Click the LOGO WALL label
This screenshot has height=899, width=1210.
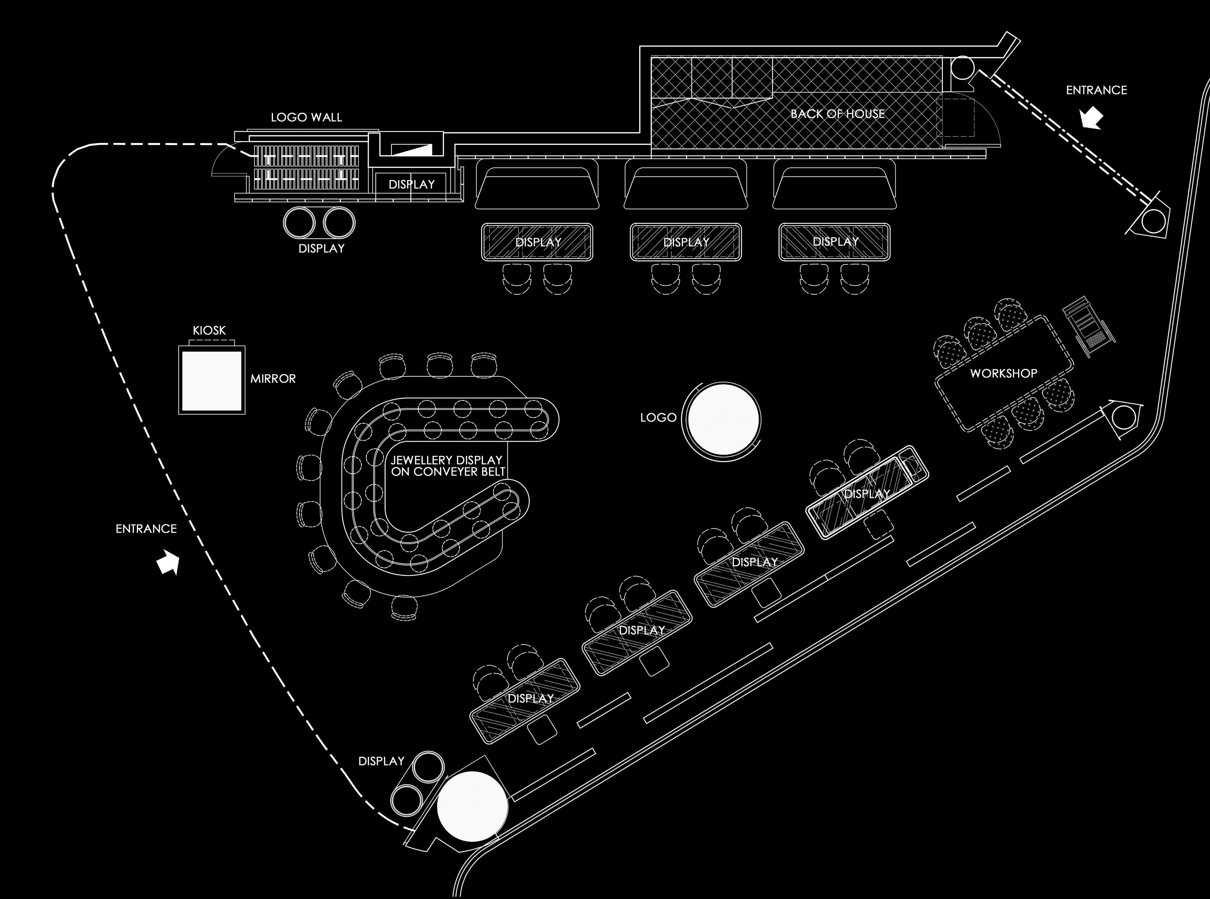(x=306, y=117)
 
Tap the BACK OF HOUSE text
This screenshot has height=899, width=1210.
(x=837, y=114)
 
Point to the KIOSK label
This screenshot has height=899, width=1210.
(x=209, y=330)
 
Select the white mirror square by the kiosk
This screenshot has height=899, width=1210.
(x=212, y=381)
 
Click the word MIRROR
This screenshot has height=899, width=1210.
(x=273, y=379)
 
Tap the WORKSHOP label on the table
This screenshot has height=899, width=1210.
(x=1003, y=373)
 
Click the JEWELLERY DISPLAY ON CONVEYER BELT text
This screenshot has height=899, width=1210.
(x=447, y=466)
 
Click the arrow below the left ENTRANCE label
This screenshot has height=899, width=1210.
(x=168, y=563)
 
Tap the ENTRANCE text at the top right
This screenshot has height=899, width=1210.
(x=1096, y=90)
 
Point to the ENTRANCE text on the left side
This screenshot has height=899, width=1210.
(x=146, y=529)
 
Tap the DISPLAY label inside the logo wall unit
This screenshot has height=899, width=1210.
(x=411, y=185)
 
